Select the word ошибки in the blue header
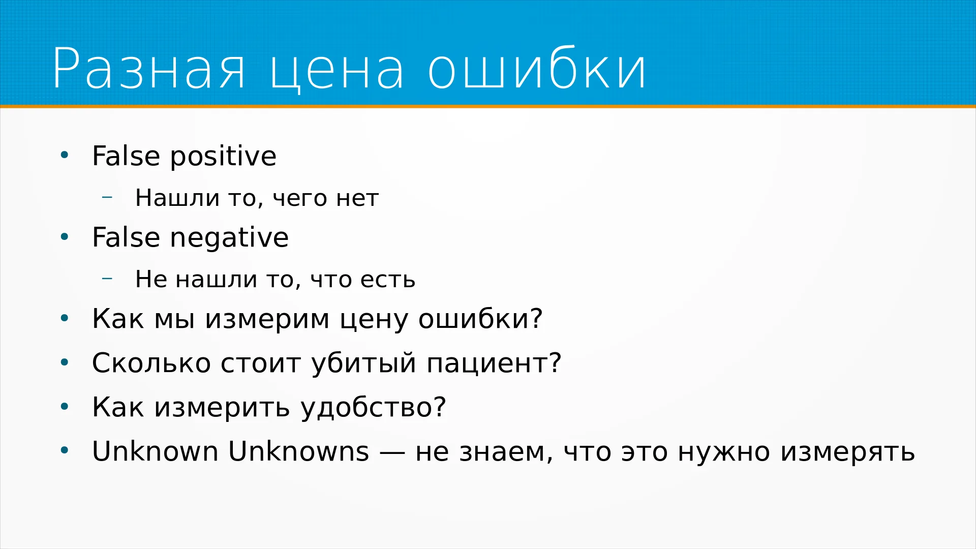(537, 67)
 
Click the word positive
(223, 157)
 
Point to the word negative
(229, 238)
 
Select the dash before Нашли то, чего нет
(107, 196)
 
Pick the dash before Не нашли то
(107, 278)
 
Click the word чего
(300, 199)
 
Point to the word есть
(388, 280)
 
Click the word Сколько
(151, 363)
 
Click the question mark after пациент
(555, 362)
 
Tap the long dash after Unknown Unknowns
(392, 452)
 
